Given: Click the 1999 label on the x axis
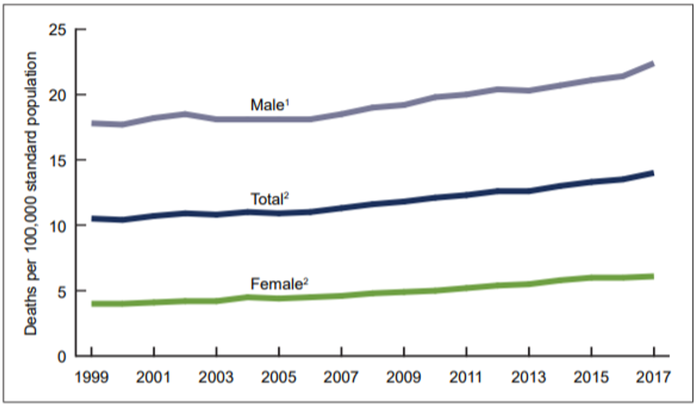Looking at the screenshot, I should pyautogui.click(x=92, y=377).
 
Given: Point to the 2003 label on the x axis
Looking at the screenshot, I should pyautogui.click(x=216, y=377).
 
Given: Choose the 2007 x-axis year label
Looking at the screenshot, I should pyautogui.click(x=341, y=377).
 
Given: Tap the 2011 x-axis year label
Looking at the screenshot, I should pyautogui.click(x=466, y=377).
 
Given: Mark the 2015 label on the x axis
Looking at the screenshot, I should pyautogui.click(x=591, y=377).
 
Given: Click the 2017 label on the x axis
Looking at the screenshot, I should pyautogui.click(x=653, y=377).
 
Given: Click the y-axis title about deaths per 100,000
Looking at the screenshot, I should pyautogui.click(x=31, y=194).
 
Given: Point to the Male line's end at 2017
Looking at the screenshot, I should pyautogui.click(x=653, y=64).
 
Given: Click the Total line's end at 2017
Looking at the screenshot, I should pyautogui.click(x=653, y=173).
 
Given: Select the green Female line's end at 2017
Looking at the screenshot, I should pyautogui.click(x=653, y=276).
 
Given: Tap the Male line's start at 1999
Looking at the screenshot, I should pyautogui.click(x=92, y=123).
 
